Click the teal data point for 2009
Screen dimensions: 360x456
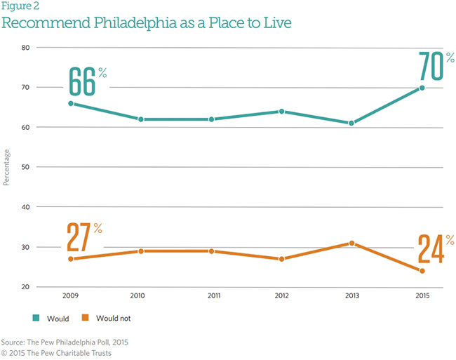tap(70, 103)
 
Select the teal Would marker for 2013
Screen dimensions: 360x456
tap(351, 123)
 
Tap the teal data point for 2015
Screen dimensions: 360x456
tap(422, 88)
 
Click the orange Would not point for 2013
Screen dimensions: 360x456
tap(351, 244)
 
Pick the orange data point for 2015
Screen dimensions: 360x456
tap(422, 271)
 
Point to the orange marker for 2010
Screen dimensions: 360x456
tap(140, 251)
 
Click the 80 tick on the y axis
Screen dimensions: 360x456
tap(25, 48)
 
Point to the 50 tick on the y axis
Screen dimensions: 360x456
tap(25, 167)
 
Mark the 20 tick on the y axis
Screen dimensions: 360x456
tap(25, 287)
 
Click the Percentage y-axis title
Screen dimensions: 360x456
tap(6, 167)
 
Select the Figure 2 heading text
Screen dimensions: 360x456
tap(22, 7)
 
